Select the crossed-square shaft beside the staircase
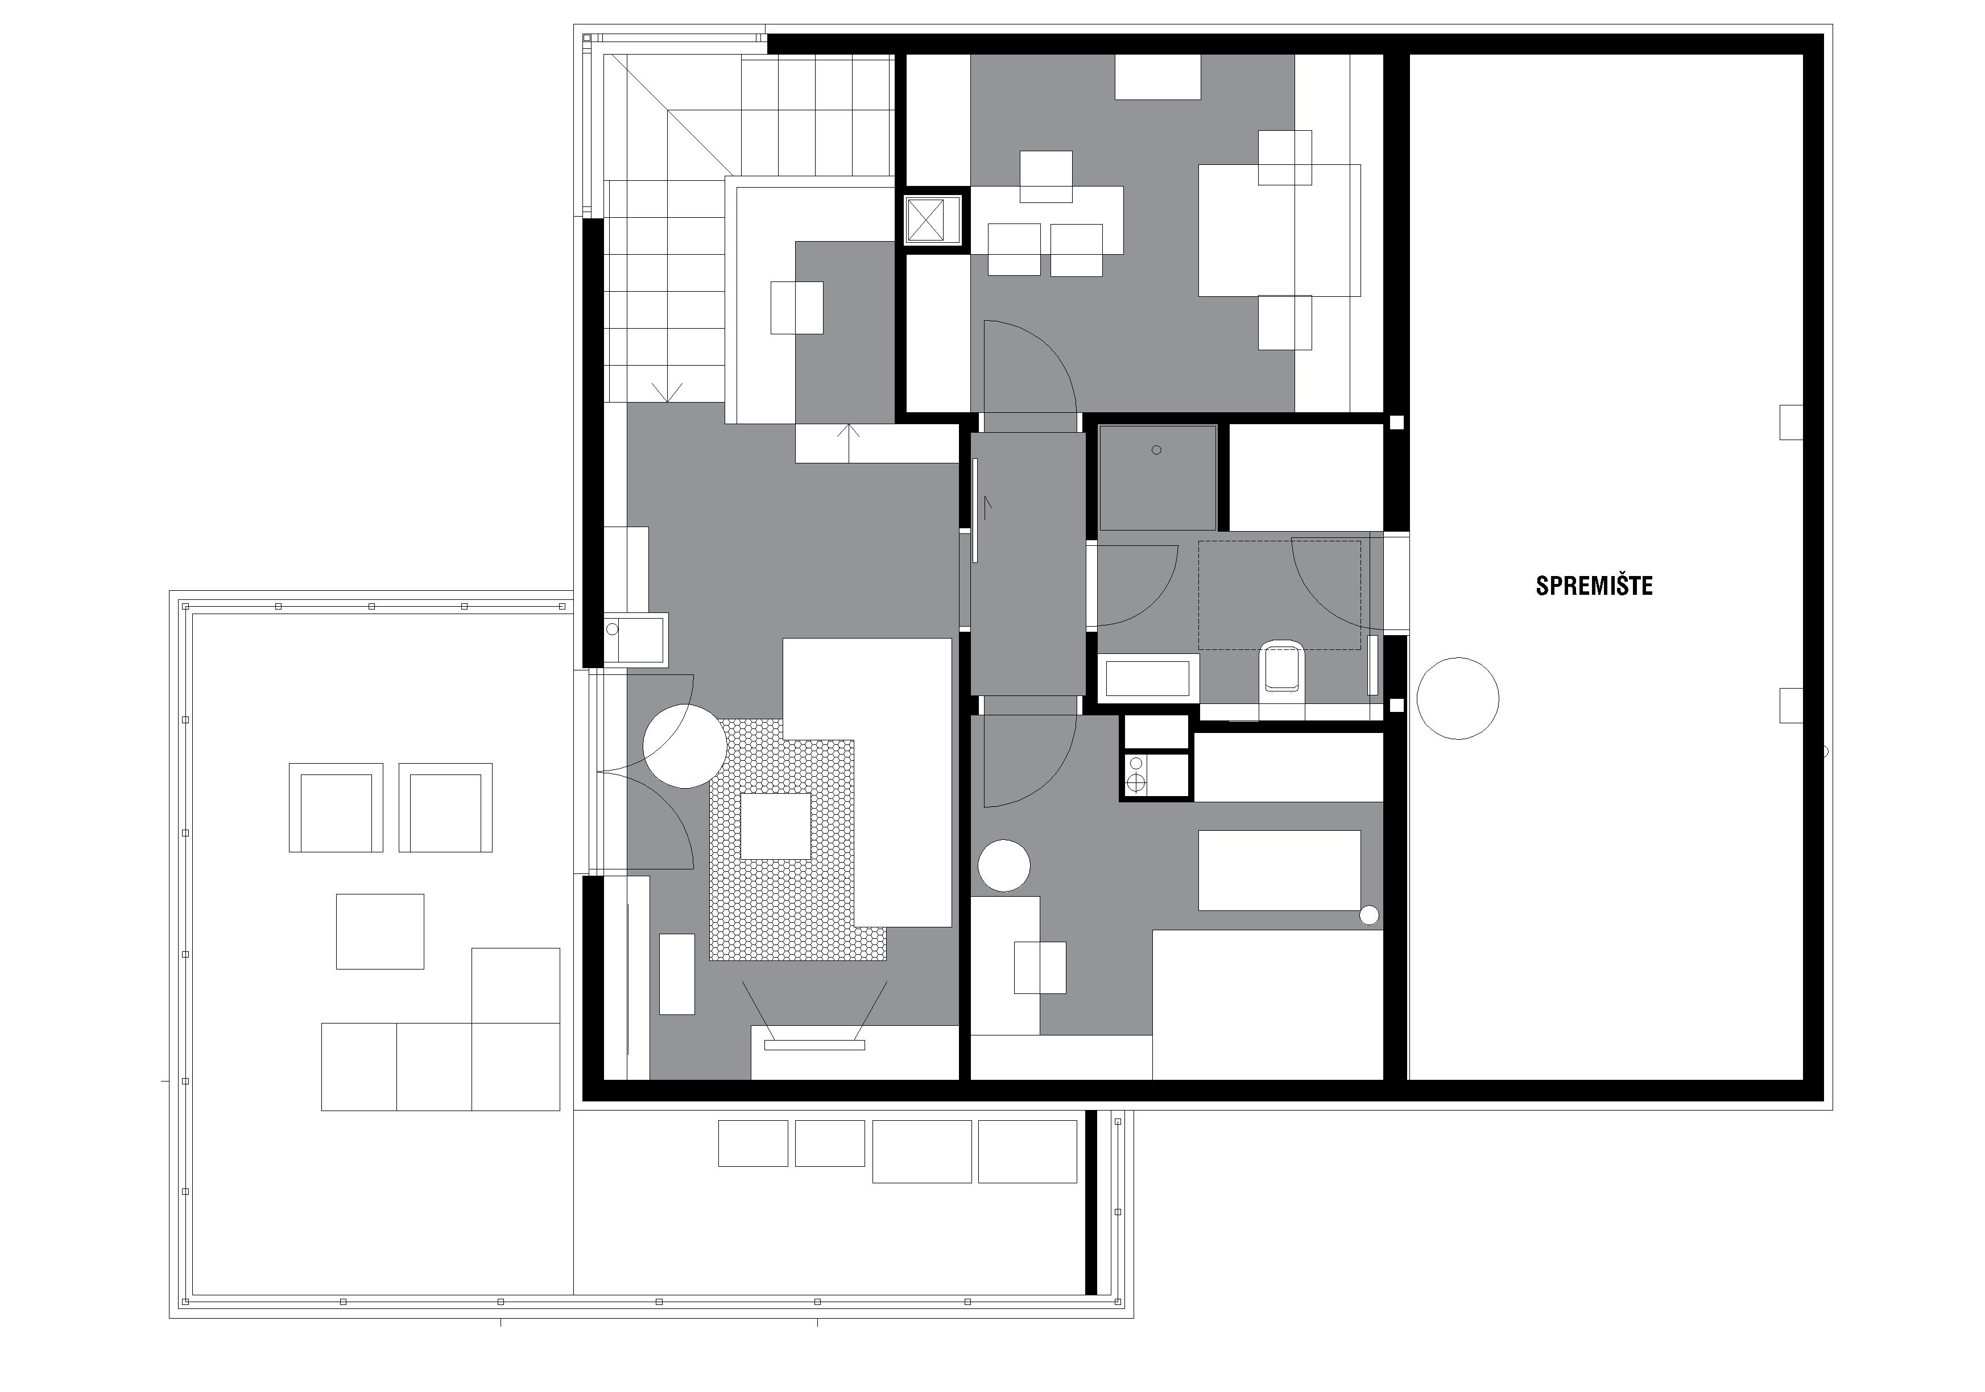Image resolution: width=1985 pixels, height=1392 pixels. tap(932, 219)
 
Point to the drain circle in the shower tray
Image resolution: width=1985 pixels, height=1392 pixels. tap(1157, 450)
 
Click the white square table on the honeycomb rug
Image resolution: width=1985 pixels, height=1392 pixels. tap(775, 826)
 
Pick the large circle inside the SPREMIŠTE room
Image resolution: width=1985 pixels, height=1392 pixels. tap(1458, 698)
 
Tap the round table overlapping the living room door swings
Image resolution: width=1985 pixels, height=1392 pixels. tap(685, 746)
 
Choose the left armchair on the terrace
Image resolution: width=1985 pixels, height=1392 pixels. tap(336, 807)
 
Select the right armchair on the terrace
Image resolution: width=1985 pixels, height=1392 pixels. tap(445, 807)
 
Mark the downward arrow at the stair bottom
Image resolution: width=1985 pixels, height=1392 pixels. tap(667, 392)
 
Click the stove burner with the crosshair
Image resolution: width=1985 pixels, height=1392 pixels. tap(1136, 784)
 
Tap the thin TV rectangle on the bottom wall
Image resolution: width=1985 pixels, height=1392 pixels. tap(814, 1045)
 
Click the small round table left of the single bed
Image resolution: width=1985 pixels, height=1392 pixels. tap(1004, 865)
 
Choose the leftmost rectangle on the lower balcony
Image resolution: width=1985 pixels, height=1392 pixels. tap(753, 1143)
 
